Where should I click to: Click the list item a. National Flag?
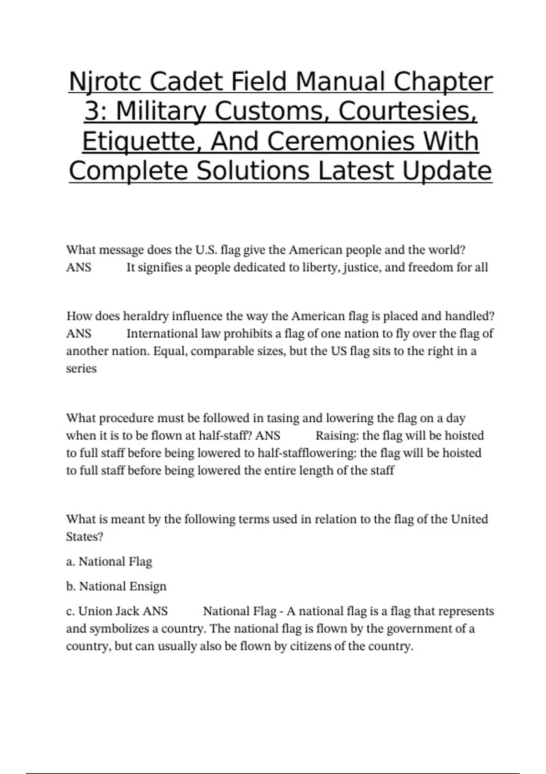click(x=109, y=561)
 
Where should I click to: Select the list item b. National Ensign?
click(x=116, y=586)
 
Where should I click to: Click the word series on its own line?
click(x=81, y=368)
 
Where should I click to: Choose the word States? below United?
click(x=85, y=537)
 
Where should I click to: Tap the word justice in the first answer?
click(x=362, y=267)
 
